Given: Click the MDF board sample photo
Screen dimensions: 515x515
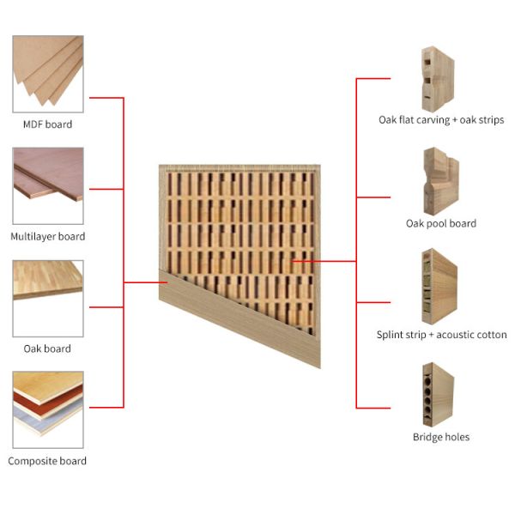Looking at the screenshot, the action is [x=48, y=74].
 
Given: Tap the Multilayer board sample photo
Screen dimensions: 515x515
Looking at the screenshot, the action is [x=48, y=186].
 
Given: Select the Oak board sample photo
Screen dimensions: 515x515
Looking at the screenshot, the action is [x=48, y=299].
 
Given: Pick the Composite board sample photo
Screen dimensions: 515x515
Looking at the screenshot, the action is [x=48, y=410].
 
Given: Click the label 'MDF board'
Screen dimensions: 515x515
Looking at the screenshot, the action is [x=47, y=124].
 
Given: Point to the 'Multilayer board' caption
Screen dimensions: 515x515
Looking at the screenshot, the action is [x=47, y=237].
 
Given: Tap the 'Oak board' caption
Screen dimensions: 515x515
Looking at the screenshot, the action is [x=47, y=348].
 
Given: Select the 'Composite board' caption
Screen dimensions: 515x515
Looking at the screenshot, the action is [x=47, y=461].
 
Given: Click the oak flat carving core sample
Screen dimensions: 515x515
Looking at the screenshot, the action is [x=438, y=80].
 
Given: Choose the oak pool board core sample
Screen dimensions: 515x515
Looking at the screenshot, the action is [x=441, y=181].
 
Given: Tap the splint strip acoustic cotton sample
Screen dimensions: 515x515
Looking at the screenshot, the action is [x=439, y=287].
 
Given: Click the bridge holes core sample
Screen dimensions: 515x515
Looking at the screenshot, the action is [x=438, y=395].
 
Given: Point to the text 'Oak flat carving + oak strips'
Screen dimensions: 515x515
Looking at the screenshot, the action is [x=441, y=120].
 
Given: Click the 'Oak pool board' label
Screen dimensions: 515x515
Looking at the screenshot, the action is [x=441, y=224].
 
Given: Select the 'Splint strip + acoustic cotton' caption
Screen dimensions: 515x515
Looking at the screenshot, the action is [x=441, y=335].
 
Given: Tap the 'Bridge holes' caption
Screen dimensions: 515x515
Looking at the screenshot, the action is [x=441, y=437].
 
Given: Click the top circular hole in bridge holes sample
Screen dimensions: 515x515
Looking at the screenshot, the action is [x=428, y=381].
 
